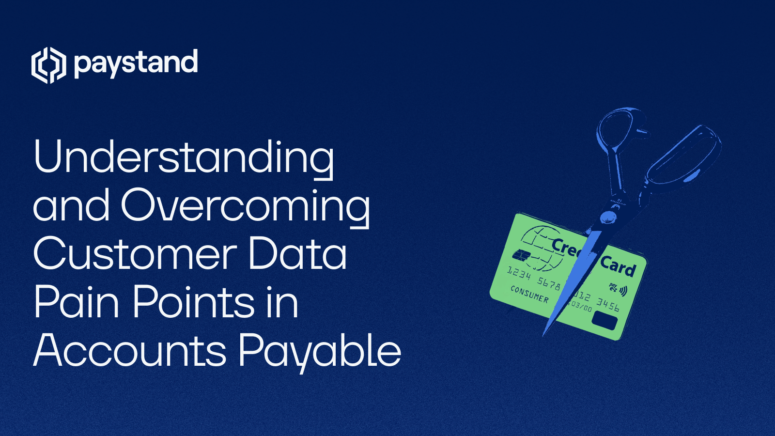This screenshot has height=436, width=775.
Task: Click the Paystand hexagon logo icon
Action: pos(48,65)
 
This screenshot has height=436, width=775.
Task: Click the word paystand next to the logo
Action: pos(136,63)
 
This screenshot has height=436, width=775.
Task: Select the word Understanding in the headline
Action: pos(184,157)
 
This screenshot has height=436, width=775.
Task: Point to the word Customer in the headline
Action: pos(135,254)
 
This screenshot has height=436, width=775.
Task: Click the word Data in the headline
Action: pos(297,254)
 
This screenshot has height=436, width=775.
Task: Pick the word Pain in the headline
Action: pos(77,302)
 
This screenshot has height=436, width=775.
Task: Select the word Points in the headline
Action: pos(194,302)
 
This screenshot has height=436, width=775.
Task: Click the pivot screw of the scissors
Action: pos(607,218)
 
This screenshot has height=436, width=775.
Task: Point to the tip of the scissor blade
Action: pos(544,334)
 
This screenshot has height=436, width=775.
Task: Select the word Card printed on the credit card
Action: pos(618,266)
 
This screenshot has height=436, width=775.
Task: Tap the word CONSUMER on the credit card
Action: pos(530,294)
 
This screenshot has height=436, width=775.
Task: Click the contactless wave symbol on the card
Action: pos(623,291)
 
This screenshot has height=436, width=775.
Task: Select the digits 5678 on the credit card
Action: pos(549,283)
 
